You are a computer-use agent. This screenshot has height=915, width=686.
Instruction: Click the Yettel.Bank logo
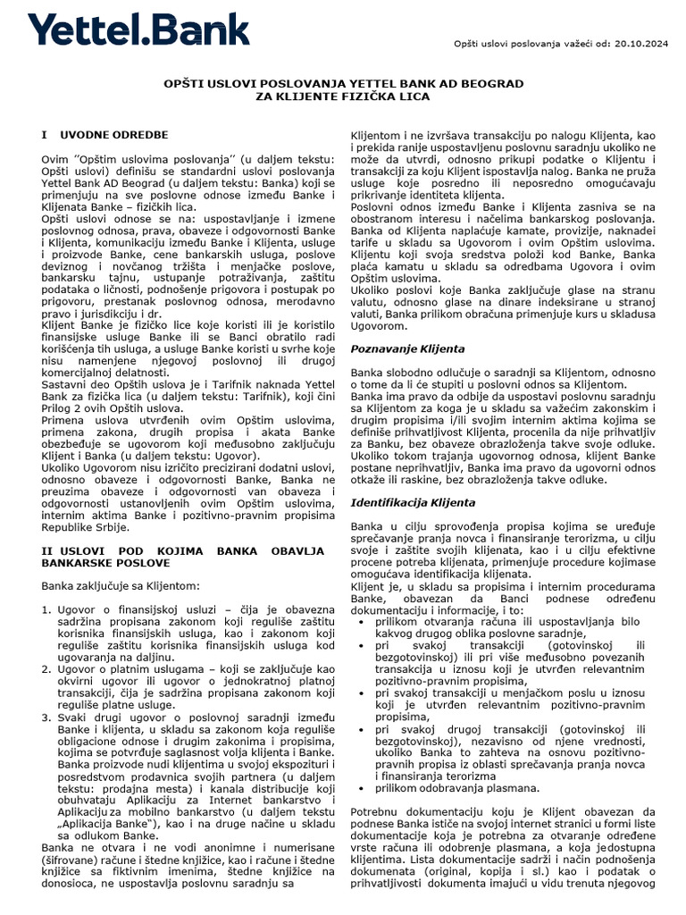click(x=138, y=29)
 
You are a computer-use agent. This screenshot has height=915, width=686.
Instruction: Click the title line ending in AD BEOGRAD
click(x=343, y=83)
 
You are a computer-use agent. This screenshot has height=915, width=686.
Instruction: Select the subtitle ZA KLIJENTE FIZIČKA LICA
click(x=343, y=96)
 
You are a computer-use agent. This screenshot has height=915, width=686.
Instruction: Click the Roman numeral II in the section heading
click(x=50, y=551)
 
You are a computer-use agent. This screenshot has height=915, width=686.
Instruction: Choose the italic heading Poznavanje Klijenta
click(x=407, y=348)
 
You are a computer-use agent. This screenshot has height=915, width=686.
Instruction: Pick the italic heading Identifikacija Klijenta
click(x=413, y=504)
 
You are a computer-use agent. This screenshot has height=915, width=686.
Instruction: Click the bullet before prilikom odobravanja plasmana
click(x=360, y=787)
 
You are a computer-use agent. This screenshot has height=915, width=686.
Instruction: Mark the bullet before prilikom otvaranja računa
click(x=360, y=619)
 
